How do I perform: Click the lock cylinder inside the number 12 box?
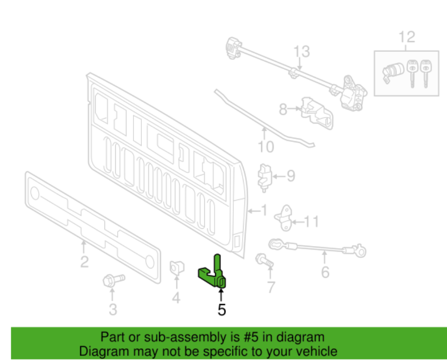392,71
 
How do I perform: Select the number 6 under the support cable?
325,271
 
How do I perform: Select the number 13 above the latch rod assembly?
301,51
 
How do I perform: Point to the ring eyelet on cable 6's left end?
275,243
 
